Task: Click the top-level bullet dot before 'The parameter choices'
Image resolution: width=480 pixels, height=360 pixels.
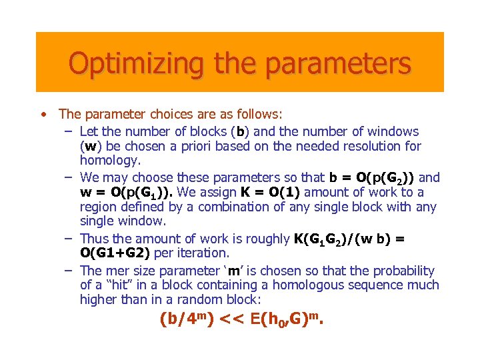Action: point(43,115)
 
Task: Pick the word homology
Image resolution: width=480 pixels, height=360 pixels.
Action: point(111,161)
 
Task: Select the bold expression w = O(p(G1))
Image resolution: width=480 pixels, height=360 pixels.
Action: point(126,193)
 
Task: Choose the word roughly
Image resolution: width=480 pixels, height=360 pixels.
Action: point(268,239)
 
